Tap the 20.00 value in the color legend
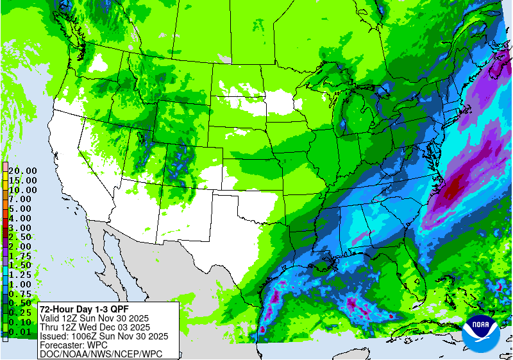[x=22, y=171]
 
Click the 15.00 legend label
[x=22, y=180]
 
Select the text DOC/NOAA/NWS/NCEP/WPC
[x=101, y=354]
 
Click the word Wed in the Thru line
[x=97, y=327]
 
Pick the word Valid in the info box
[x=51, y=318]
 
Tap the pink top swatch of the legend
[x=4, y=166]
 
